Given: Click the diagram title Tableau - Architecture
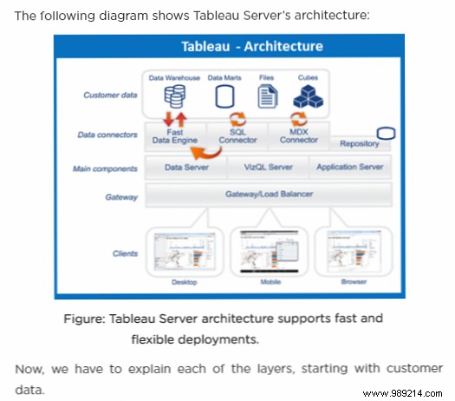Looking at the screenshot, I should tap(251, 47).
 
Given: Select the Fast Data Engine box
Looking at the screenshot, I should tap(179, 136).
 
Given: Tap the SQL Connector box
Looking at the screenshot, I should tap(237, 136).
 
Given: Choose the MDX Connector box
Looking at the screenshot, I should tap(299, 136).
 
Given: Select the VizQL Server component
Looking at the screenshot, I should tap(269, 166).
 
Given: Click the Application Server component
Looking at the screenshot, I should tap(349, 166).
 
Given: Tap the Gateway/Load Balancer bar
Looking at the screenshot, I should tap(269, 194).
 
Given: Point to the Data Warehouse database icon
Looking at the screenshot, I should tap(173, 95).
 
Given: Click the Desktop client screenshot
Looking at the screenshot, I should tap(184, 251).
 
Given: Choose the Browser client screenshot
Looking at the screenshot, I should tap(353, 251).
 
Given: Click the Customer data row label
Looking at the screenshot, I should tap(107, 95).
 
